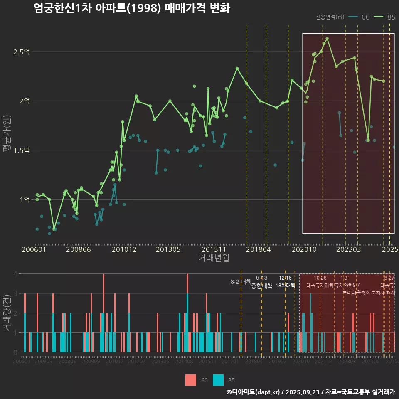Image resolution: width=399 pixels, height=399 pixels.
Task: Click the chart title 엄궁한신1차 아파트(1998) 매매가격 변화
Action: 132,8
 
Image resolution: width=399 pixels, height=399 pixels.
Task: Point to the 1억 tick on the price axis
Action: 25,200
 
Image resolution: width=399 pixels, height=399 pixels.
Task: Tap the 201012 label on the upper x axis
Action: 124,250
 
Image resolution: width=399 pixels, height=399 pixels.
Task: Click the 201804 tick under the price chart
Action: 259,250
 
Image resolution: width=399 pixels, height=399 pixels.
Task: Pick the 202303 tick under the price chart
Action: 348,250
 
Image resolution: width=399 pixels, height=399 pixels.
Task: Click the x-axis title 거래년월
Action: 214,258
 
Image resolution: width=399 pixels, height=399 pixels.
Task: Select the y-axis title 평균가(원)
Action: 7,135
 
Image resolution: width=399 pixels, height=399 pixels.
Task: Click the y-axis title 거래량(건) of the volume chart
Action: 7,313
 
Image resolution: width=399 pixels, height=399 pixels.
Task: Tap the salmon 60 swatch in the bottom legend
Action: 191,380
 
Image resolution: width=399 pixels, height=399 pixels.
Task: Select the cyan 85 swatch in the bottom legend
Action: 218,380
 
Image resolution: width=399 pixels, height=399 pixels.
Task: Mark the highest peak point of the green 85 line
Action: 327,39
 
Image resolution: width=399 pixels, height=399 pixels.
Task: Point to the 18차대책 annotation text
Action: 285,286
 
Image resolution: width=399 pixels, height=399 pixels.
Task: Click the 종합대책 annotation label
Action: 262,286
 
